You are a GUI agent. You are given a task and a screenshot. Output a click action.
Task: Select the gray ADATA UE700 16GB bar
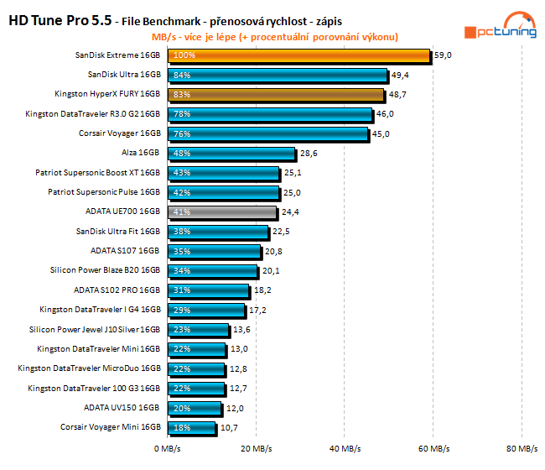click(221, 212)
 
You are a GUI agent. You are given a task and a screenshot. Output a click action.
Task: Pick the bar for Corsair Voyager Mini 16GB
click(191, 427)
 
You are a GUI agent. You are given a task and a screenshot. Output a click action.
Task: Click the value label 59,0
click(444, 55)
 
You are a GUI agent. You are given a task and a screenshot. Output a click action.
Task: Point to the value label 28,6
click(309, 154)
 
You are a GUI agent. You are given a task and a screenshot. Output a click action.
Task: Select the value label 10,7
click(229, 427)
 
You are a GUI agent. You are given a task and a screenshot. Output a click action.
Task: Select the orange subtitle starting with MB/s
click(274, 37)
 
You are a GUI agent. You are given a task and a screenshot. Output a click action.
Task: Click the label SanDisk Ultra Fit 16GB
click(118, 232)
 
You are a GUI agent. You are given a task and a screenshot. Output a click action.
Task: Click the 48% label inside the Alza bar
click(180, 154)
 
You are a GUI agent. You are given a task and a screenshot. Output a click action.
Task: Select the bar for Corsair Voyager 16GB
click(267, 133)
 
